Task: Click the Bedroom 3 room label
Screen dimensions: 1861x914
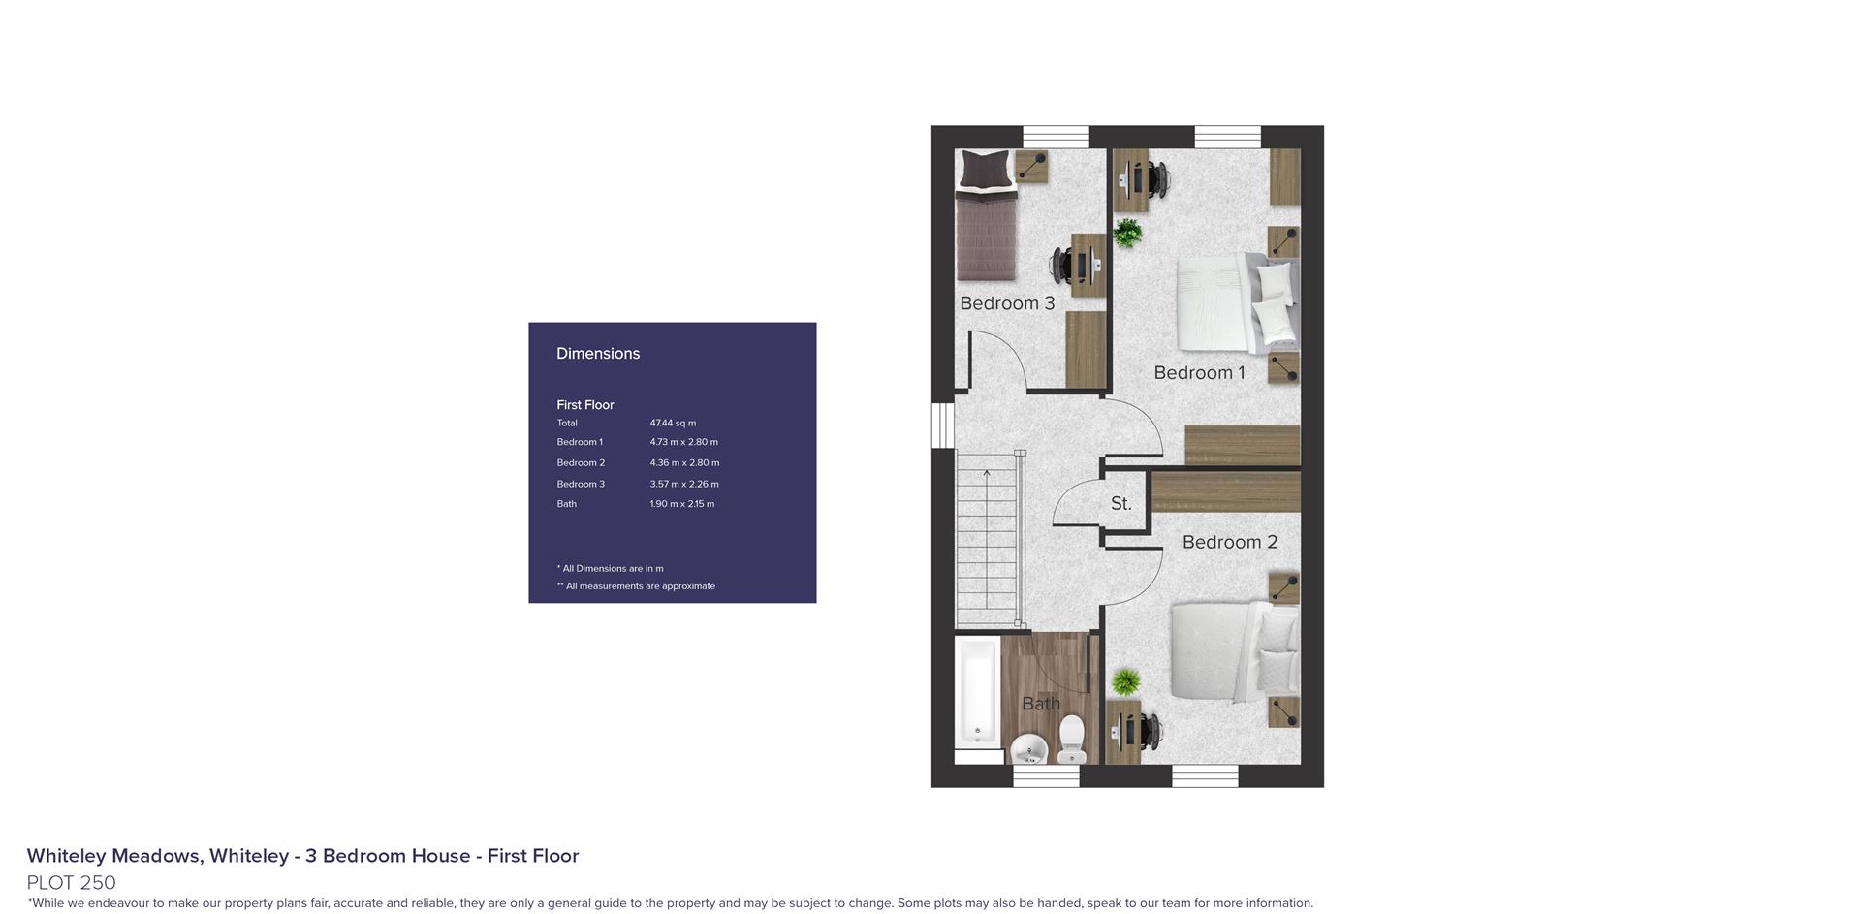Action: tap(1007, 303)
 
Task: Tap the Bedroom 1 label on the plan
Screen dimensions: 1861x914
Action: tap(1199, 373)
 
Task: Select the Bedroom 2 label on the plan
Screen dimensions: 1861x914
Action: tap(1230, 543)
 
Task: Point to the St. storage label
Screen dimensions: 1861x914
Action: tap(1121, 504)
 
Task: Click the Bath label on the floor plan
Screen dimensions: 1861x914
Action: tap(1041, 705)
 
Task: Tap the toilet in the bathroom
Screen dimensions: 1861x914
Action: tap(1072, 739)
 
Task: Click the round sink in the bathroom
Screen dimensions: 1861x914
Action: tap(1028, 749)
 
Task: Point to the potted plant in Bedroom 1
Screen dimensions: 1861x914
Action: tap(1127, 233)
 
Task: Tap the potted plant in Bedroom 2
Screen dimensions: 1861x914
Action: tap(1125, 681)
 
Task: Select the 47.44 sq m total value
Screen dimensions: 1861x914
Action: tap(673, 424)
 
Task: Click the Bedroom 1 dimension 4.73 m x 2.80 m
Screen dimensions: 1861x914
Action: tap(683, 442)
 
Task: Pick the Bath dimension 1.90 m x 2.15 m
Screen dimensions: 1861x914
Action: tap(681, 504)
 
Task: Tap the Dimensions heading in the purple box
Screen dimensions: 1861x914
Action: tap(598, 354)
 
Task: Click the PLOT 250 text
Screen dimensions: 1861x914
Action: tap(71, 883)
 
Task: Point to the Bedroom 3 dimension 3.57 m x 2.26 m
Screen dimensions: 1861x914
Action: tap(684, 484)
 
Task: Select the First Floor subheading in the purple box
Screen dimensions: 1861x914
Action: tap(584, 405)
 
